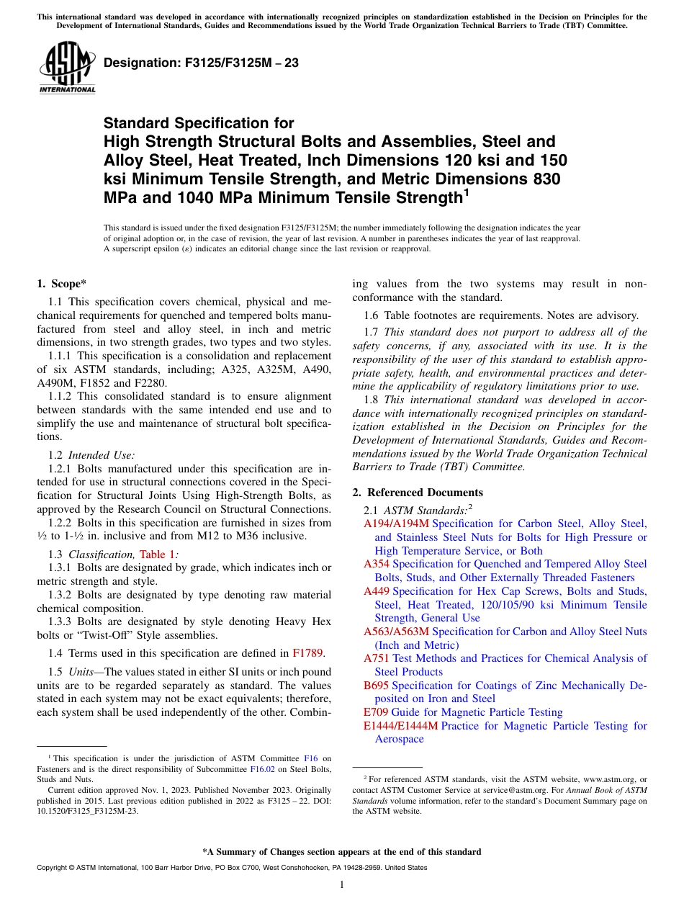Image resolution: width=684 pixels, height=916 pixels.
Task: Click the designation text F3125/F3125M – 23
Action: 201,63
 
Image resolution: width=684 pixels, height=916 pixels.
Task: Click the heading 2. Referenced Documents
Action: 418,493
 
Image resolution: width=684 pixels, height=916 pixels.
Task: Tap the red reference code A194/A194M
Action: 396,524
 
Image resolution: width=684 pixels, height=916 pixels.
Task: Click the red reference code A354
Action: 377,564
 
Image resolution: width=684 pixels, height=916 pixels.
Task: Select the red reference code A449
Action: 377,591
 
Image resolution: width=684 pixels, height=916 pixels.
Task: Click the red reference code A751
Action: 377,658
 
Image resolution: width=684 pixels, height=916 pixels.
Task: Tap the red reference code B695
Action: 376,686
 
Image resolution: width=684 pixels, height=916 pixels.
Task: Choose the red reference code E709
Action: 376,712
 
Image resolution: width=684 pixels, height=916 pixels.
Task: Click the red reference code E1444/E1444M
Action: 400,726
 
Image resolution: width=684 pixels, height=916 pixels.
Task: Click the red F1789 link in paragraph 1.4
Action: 308,654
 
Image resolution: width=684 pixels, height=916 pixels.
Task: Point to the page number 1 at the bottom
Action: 342,884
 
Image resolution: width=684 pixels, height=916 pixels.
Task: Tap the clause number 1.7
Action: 371,332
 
